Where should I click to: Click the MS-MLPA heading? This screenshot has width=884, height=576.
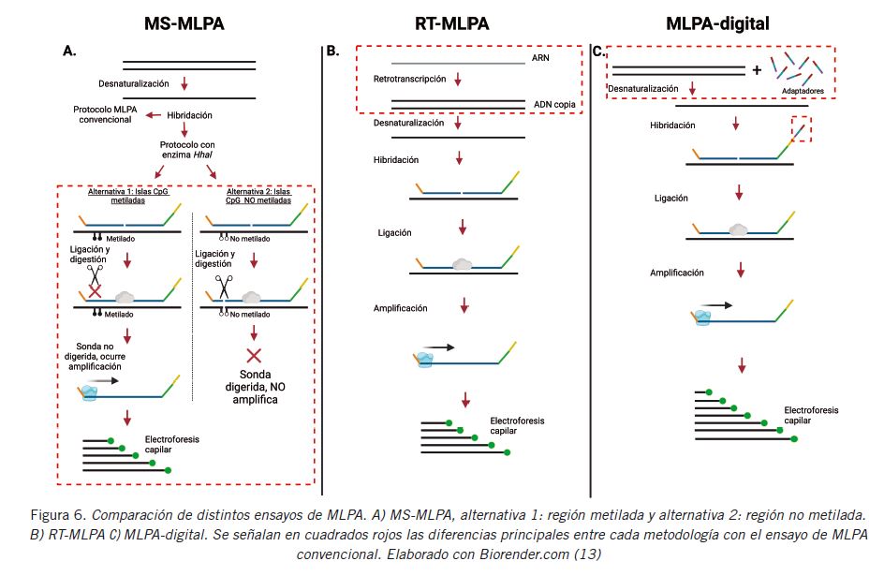184,23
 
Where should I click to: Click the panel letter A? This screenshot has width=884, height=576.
68,51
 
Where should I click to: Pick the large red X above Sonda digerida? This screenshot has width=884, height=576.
253,356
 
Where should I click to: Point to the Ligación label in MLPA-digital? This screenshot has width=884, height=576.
671,199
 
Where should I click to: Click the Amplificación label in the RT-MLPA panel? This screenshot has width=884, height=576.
400,307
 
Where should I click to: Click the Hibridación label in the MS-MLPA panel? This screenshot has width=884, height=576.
190,115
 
